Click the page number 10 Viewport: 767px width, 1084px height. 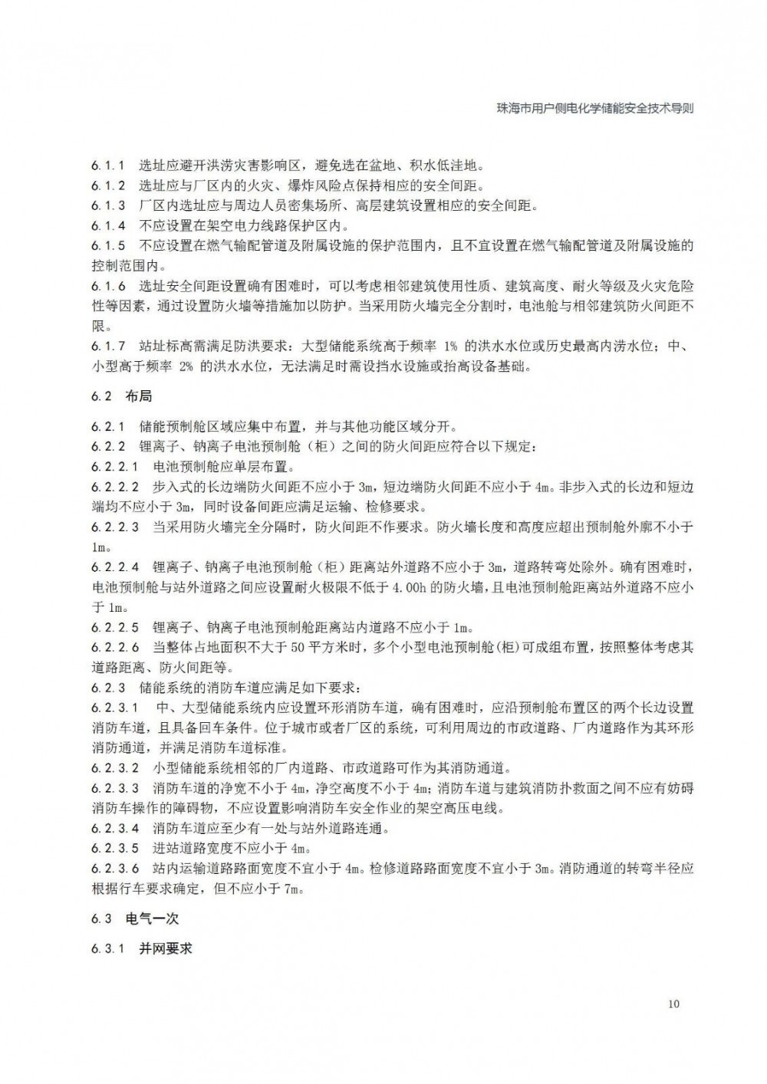673,1004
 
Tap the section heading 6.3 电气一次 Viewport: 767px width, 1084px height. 134,918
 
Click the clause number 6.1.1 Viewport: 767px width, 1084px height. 107,166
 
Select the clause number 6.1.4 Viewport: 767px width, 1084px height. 107,225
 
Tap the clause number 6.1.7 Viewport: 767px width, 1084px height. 107,346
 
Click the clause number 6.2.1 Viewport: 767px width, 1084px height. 107,426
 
